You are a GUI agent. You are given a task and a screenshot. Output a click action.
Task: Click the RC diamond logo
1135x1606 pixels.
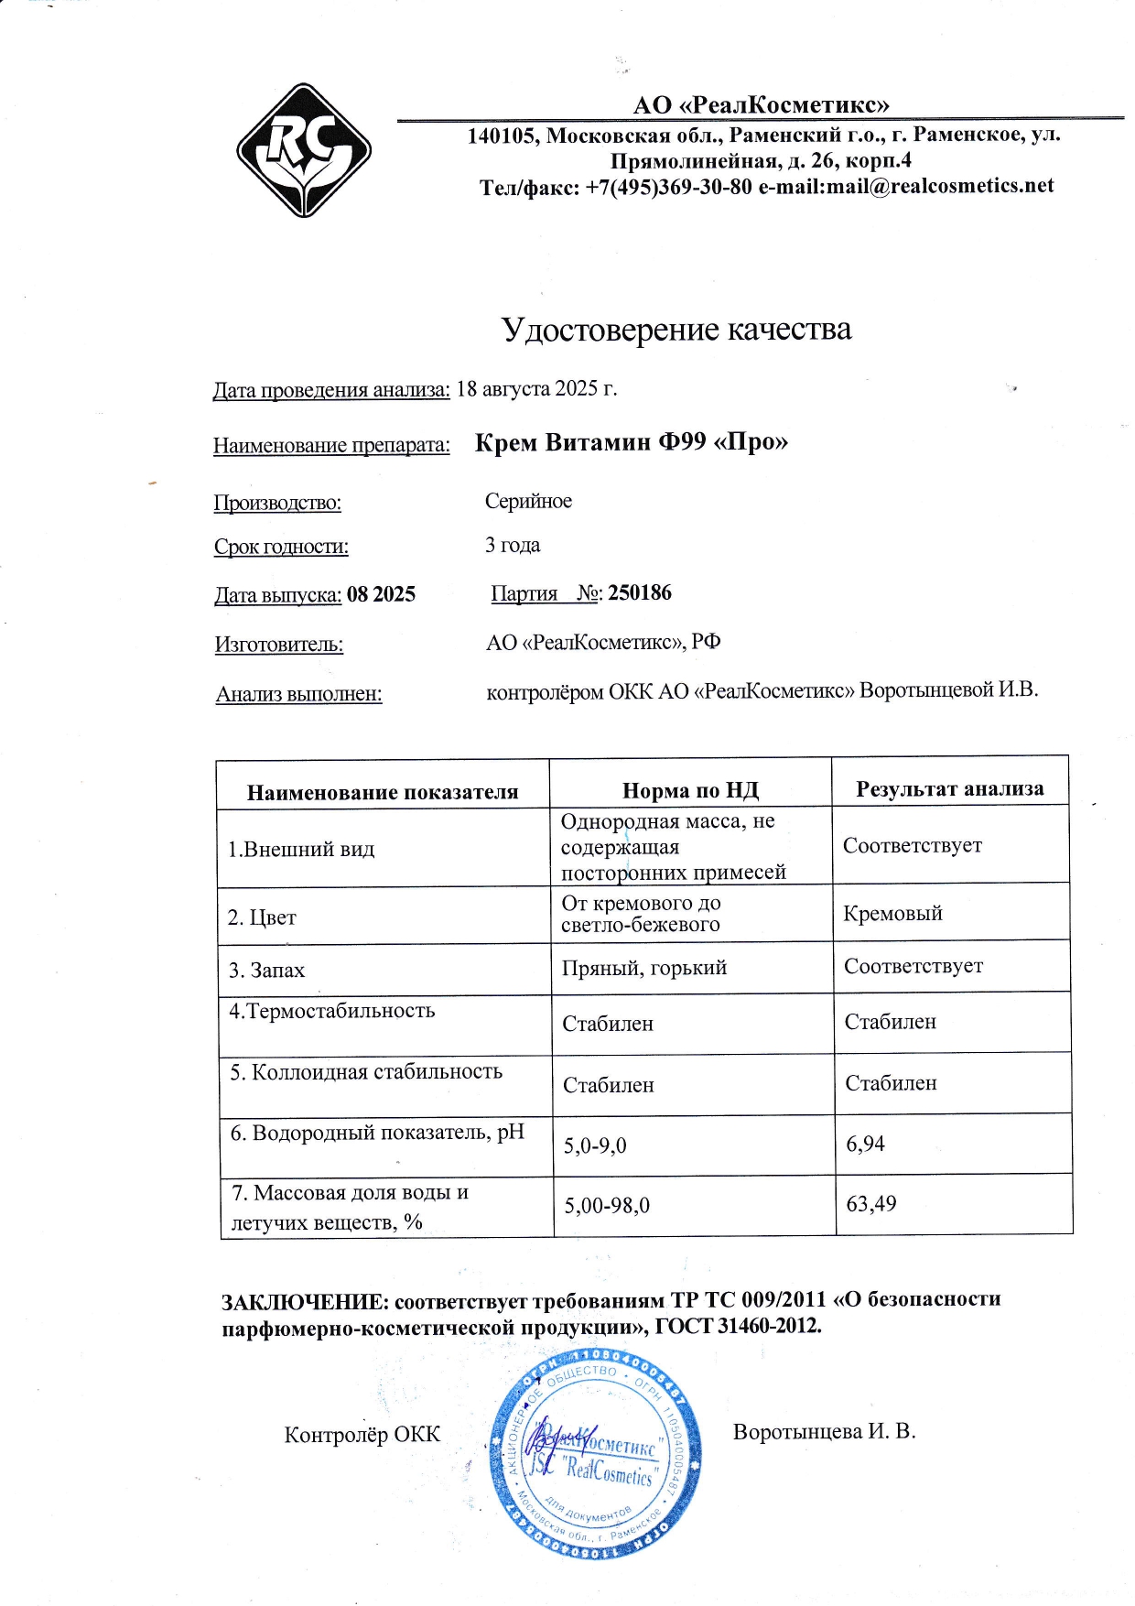(x=304, y=150)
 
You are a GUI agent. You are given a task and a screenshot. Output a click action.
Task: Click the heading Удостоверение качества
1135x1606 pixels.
(x=676, y=329)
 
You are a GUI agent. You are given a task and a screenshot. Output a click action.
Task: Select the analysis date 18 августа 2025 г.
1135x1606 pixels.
(x=536, y=388)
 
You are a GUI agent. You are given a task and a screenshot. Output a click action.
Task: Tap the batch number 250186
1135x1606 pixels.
(x=640, y=592)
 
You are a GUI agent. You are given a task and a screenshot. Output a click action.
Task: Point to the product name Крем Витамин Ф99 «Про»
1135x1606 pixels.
(x=632, y=442)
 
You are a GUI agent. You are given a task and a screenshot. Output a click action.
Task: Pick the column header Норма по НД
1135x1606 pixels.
(x=690, y=790)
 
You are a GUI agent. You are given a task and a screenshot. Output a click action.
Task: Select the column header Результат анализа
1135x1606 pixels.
(x=949, y=788)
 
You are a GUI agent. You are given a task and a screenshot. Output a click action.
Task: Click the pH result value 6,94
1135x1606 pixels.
(x=866, y=1144)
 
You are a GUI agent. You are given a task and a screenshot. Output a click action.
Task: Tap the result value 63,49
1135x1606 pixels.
(x=871, y=1203)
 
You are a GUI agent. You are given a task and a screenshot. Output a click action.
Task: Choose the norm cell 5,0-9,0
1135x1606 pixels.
(x=595, y=1145)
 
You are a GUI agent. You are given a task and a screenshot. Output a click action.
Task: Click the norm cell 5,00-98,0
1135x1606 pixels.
(x=607, y=1205)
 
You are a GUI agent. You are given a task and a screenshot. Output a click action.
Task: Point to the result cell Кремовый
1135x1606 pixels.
(x=892, y=913)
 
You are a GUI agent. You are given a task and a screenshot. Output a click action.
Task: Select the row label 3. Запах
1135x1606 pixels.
(x=266, y=970)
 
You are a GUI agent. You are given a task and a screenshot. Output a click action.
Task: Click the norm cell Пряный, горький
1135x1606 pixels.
(x=644, y=968)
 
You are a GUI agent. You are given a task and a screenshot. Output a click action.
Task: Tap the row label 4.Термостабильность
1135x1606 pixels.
(x=331, y=1011)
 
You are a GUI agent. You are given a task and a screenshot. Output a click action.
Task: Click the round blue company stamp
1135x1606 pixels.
(x=597, y=1454)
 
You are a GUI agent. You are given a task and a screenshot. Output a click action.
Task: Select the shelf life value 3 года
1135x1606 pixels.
(x=513, y=545)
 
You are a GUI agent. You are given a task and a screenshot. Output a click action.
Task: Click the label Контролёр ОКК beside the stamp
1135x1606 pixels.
(x=362, y=1434)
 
